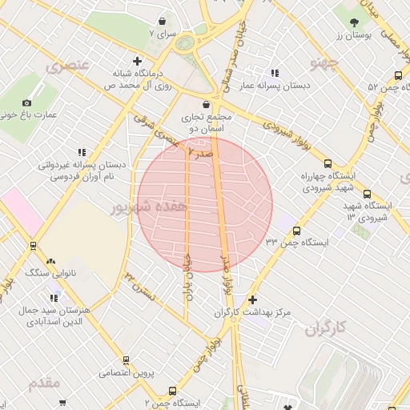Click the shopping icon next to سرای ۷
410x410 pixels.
[x=163, y=22]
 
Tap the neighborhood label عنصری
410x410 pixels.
[x=66, y=65]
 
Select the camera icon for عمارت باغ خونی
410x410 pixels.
[x=26, y=102]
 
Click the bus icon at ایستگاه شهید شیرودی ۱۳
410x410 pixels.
[x=367, y=194]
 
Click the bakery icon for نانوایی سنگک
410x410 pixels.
[x=51, y=261]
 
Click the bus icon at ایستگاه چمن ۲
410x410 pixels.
[x=172, y=391]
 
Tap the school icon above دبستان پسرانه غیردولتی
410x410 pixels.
[x=82, y=151]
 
